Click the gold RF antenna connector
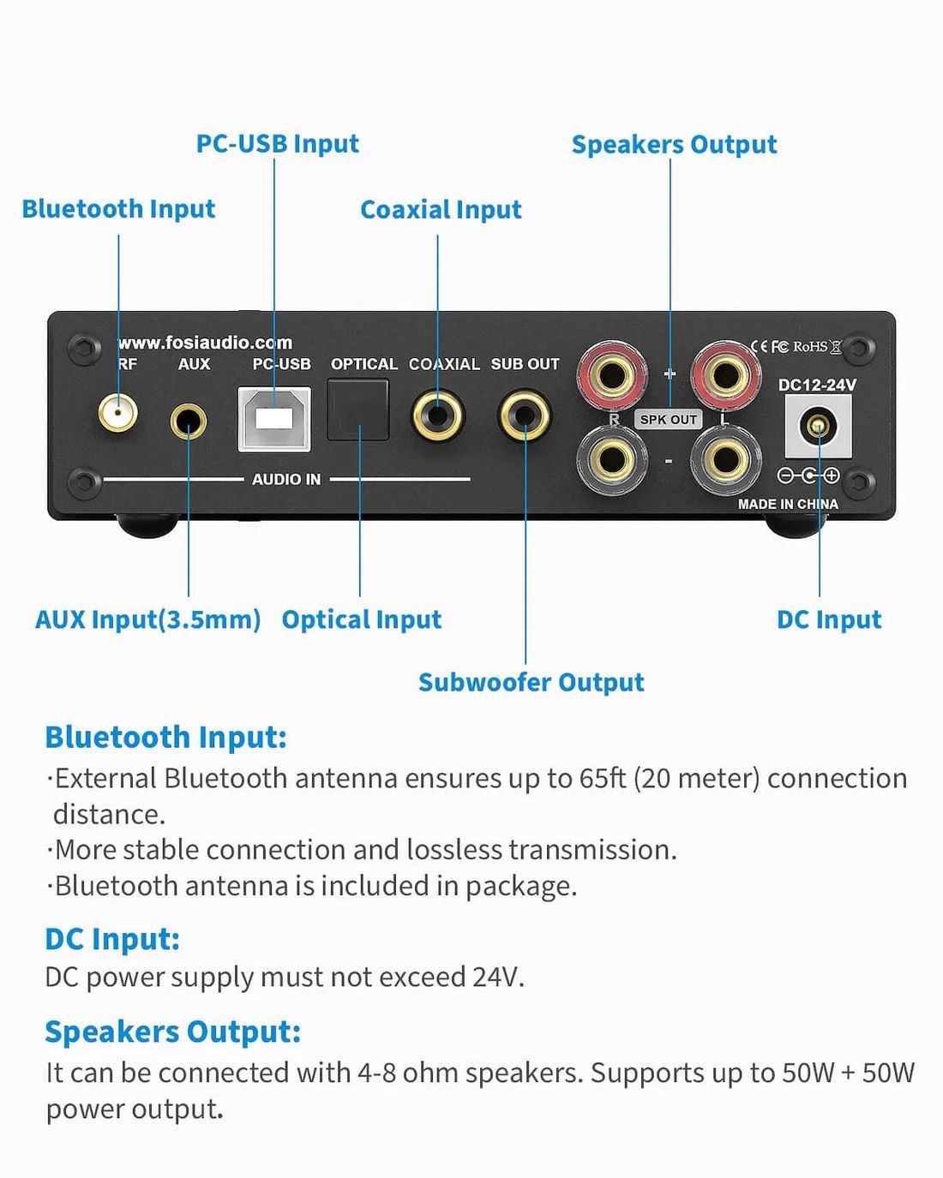(x=117, y=414)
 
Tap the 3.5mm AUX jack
(x=188, y=421)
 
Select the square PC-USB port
(x=274, y=419)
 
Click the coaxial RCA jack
(x=437, y=416)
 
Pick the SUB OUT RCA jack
(x=525, y=416)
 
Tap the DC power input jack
(x=818, y=425)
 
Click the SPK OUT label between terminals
(x=669, y=420)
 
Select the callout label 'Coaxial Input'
(x=441, y=210)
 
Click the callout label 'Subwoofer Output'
(x=531, y=683)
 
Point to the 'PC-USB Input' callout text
(x=277, y=144)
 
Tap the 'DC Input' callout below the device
(x=828, y=619)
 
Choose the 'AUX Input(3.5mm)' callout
(x=147, y=619)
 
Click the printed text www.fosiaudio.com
(x=205, y=343)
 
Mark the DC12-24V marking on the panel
(x=816, y=386)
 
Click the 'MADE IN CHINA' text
(x=788, y=505)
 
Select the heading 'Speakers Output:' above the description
(x=172, y=1032)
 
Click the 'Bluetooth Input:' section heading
(x=165, y=738)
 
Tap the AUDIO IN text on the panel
(x=286, y=480)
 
